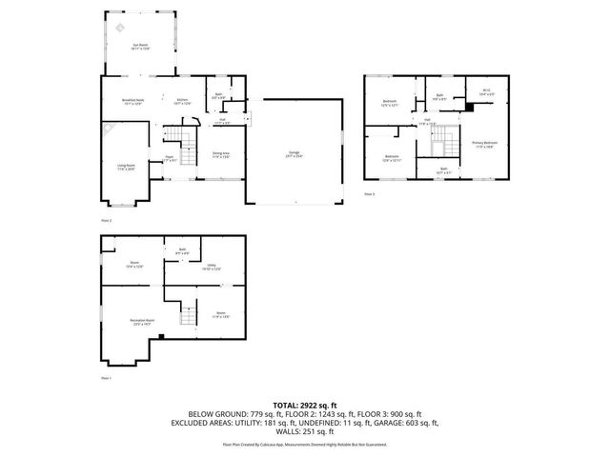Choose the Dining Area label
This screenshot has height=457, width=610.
(220, 154)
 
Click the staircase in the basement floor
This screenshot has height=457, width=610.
(189, 313)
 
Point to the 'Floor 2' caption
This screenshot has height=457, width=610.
(107, 221)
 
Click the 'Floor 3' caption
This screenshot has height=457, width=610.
(370, 193)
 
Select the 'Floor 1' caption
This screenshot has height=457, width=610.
(107, 378)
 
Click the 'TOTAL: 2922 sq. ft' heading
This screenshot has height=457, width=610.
(305, 405)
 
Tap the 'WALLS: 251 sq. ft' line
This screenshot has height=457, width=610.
(305, 430)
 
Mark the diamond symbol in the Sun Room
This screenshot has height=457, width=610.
(118, 28)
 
